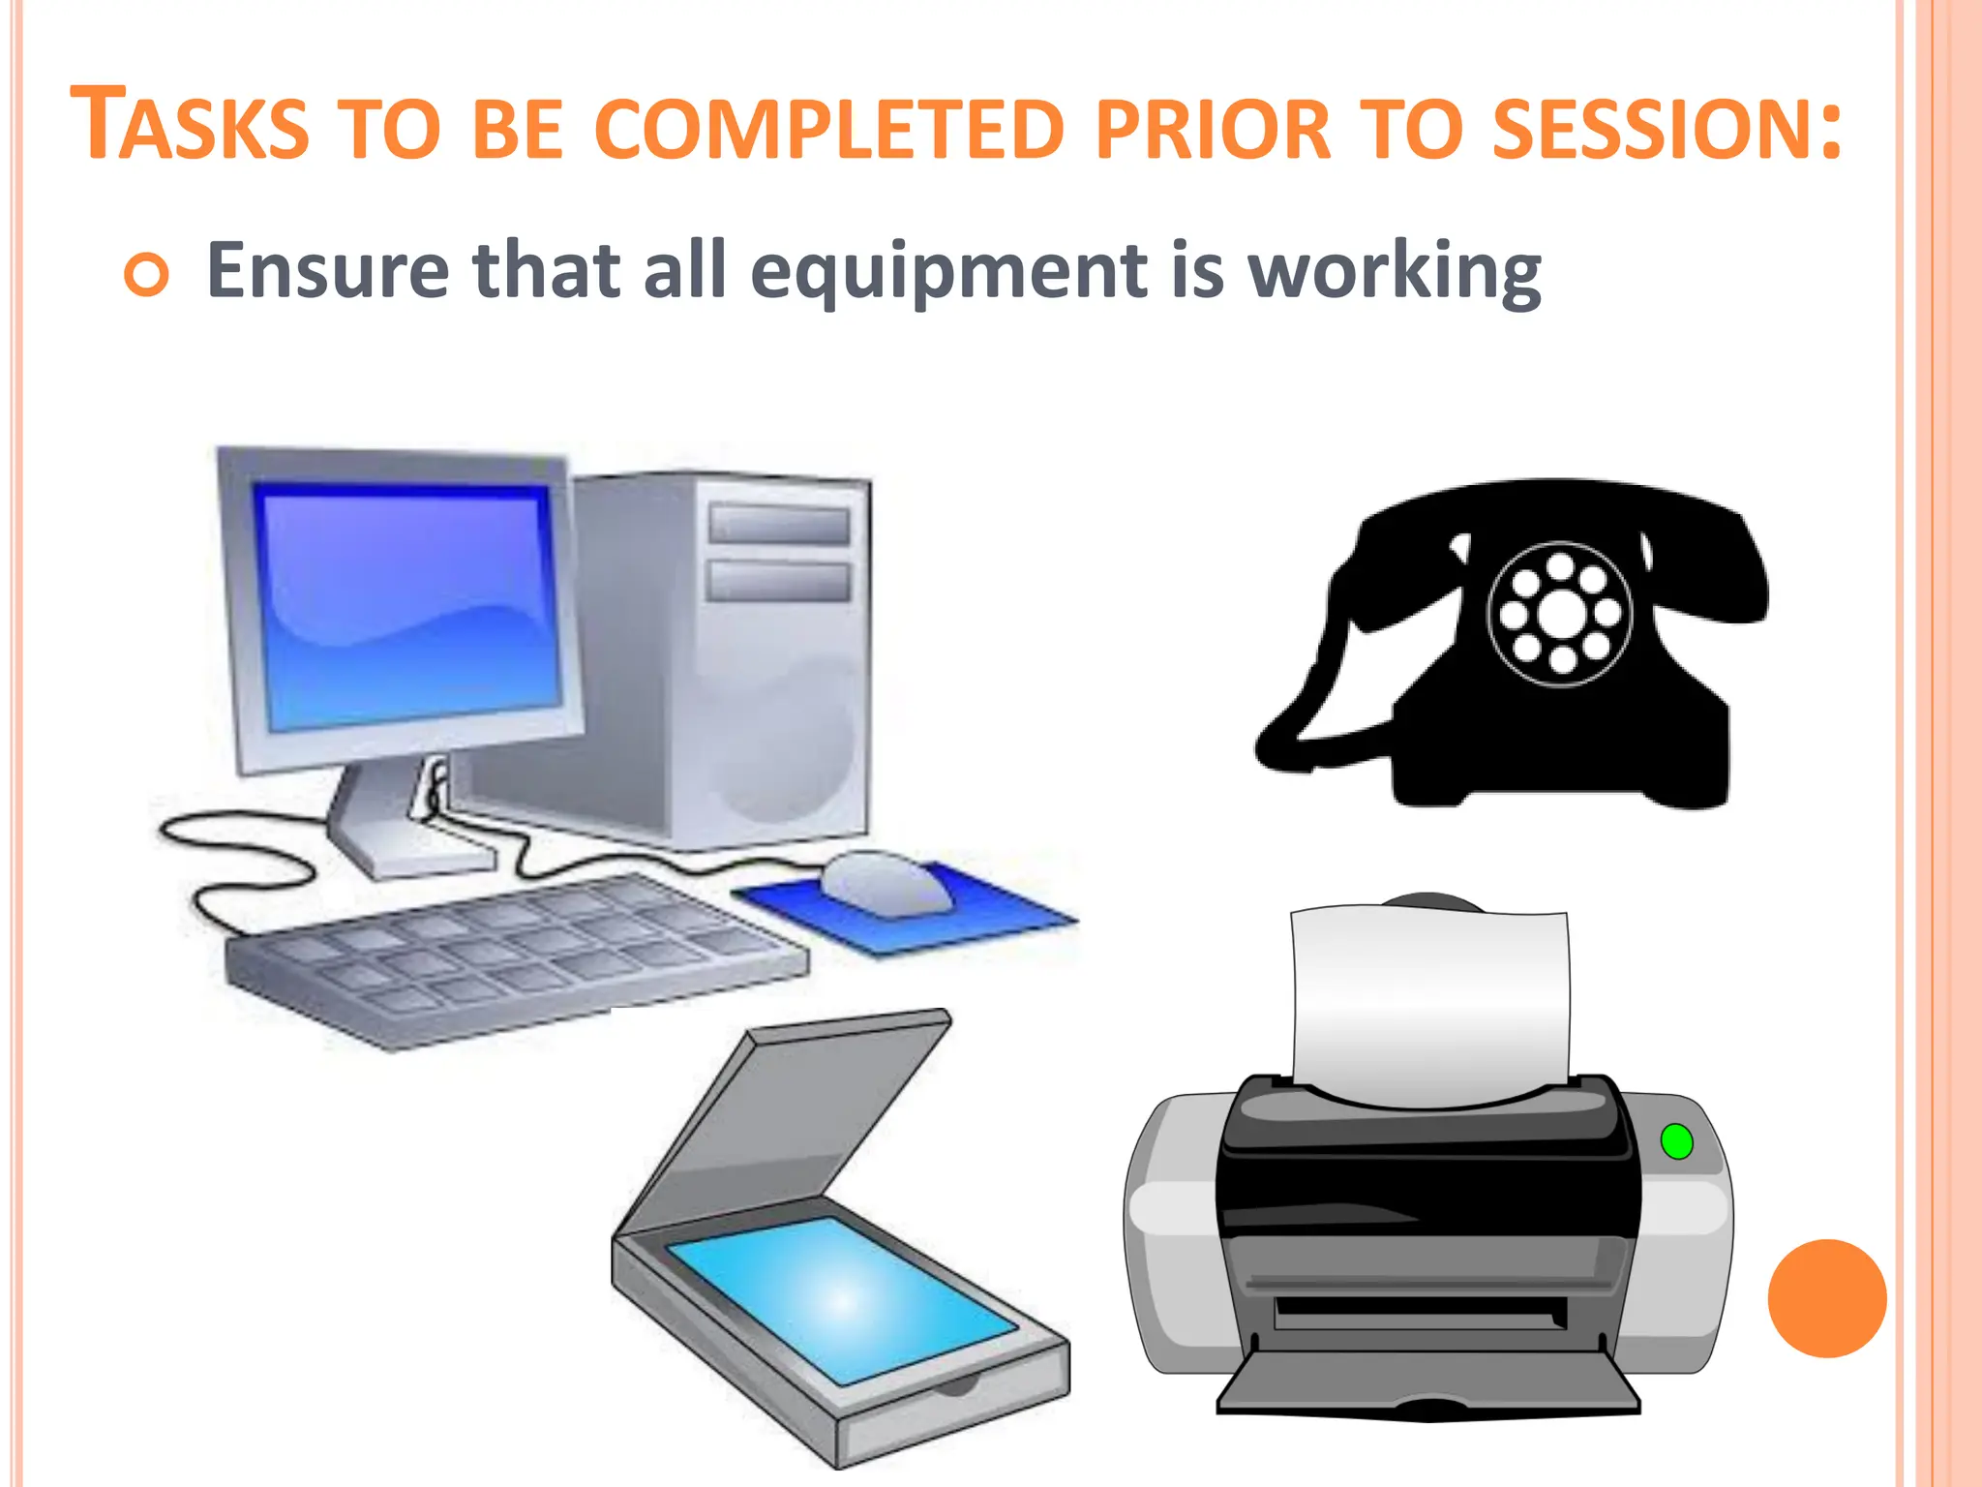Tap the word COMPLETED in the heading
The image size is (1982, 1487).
point(829,129)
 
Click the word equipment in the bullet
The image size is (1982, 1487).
point(947,272)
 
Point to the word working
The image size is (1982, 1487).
point(1395,272)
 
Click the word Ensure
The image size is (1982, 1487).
point(327,270)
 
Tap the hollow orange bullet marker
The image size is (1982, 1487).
point(146,275)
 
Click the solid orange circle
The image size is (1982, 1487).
point(1826,1298)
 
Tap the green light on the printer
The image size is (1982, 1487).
point(1676,1141)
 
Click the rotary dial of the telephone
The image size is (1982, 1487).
point(1559,614)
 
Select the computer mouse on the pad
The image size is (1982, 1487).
point(886,881)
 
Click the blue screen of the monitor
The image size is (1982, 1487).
point(406,605)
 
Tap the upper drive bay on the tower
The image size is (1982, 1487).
point(779,524)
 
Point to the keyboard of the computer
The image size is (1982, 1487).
point(513,958)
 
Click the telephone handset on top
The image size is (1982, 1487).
point(1548,513)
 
